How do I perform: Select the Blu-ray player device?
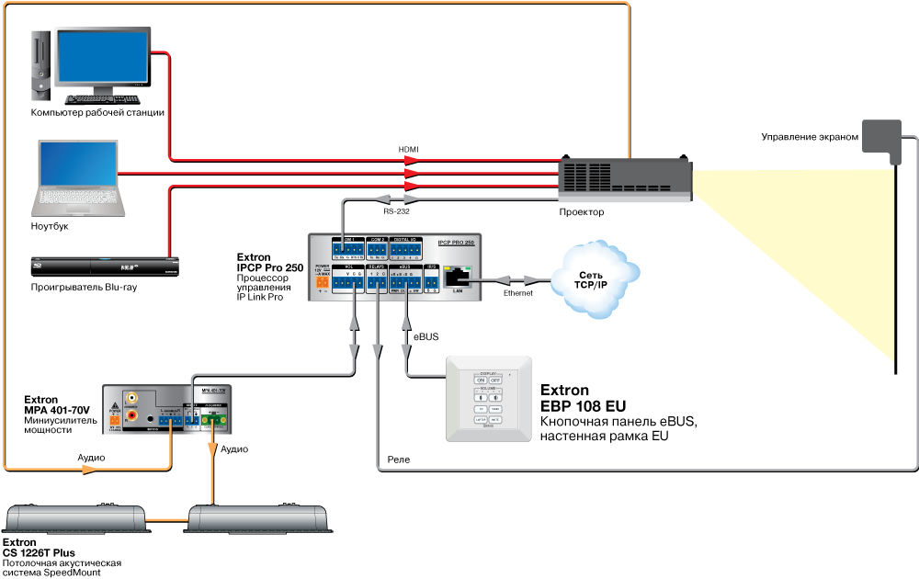point(103,267)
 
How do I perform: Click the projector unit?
point(625,178)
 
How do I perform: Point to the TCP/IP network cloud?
point(595,280)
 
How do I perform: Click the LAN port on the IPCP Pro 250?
point(457,274)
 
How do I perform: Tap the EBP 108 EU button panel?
point(489,401)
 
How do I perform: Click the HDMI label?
point(408,149)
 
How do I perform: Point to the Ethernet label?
point(517,293)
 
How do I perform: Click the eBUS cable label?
point(425,339)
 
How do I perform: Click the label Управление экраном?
point(809,137)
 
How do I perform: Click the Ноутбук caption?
point(50,225)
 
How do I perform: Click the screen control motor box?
point(882,142)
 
